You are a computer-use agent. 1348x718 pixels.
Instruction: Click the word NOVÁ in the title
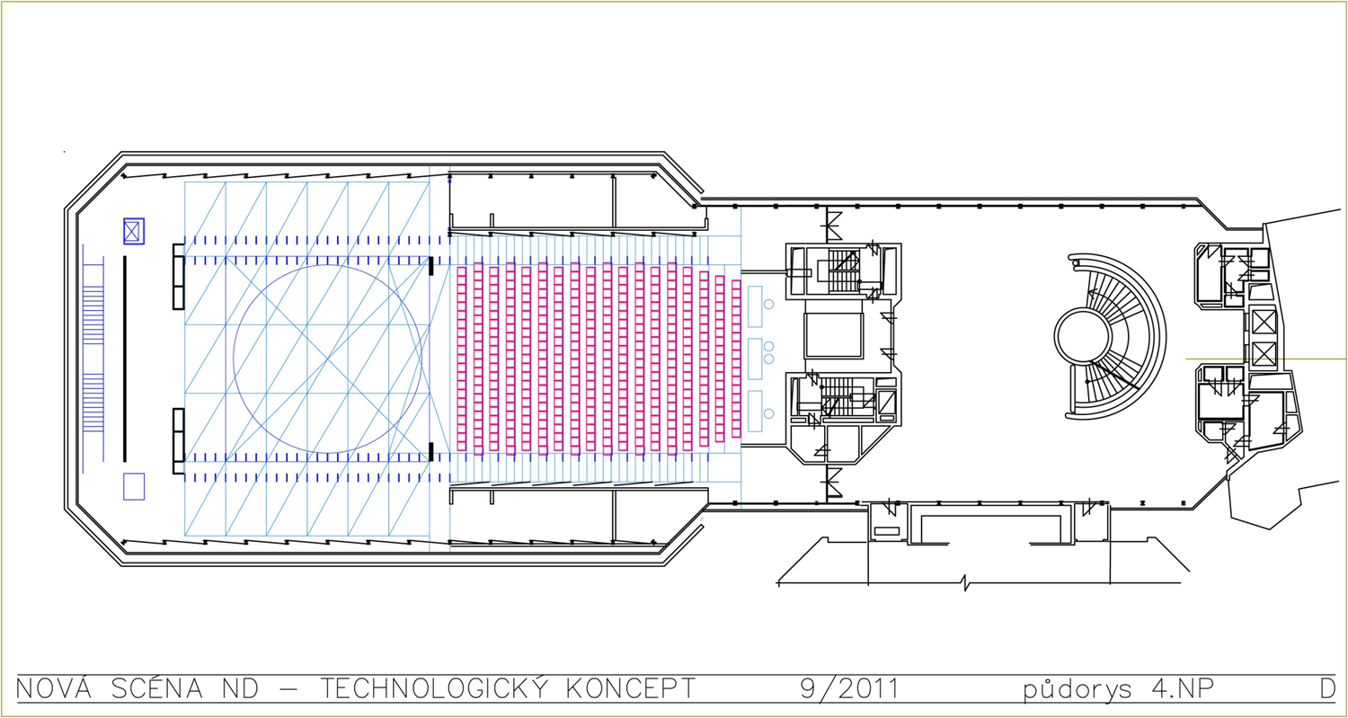pos(54,688)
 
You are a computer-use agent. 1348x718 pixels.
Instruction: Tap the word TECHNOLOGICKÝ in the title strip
pos(434,688)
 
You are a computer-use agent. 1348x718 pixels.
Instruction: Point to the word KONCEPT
pos(631,688)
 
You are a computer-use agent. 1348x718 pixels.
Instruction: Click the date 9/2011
pos(850,688)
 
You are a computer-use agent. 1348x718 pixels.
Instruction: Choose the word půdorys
pos(1078,690)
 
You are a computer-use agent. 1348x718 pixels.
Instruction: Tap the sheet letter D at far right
pos(1327,688)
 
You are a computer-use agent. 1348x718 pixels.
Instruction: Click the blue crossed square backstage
pos(134,231)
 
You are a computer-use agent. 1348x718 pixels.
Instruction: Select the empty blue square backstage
pos(134,486)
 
